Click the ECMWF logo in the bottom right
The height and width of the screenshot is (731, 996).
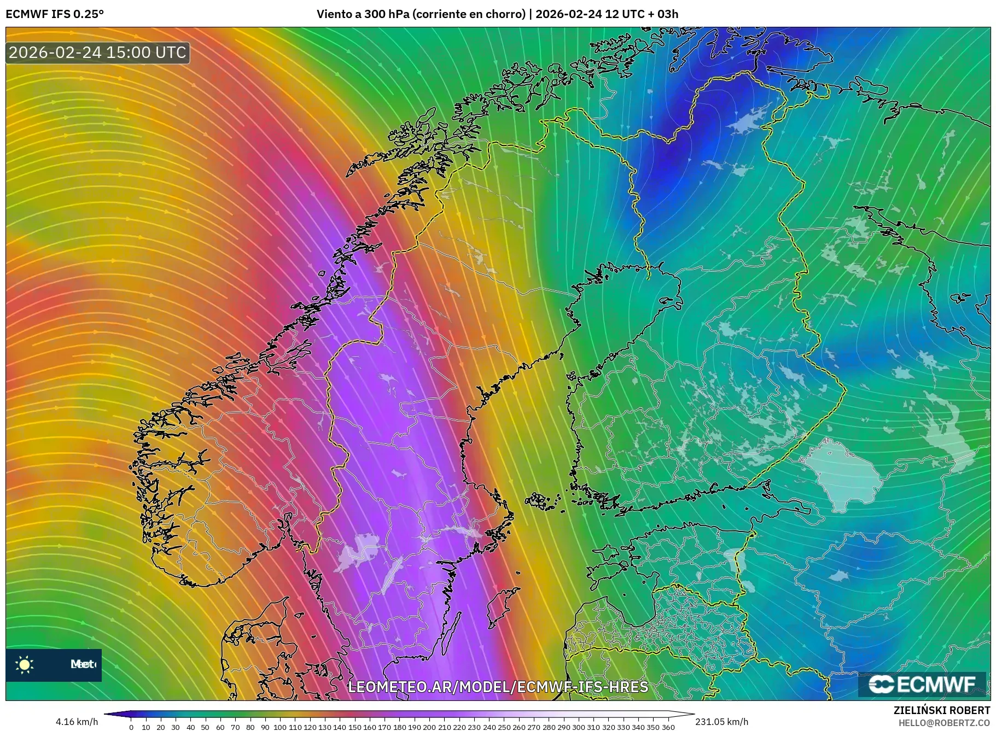(x=922, y=684)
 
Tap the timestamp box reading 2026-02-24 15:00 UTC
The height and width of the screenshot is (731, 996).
(x=97, y=52)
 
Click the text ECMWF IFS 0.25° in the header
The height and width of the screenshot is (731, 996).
(x=54, y=14)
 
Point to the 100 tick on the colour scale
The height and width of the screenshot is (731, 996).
(x=280, y=727)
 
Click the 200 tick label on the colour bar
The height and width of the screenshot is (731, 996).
(x=429, y=727)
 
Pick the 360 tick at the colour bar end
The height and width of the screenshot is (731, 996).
(x=668, y=727)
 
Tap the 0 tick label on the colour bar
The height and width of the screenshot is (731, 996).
(x=131, y=727)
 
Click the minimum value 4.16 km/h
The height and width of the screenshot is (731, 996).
(x=77, y=722)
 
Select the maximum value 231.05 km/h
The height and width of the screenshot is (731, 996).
(x=721, y=722)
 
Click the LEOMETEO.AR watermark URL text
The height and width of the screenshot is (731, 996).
(x=498, y=687)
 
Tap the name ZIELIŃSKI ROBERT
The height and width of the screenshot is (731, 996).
(x=941, y=710)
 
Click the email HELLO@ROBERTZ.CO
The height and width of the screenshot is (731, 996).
(x=944, y=723)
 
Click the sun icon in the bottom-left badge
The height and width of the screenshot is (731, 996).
(x=25, y=665)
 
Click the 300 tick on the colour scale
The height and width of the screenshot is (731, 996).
(x=578, y=727)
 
